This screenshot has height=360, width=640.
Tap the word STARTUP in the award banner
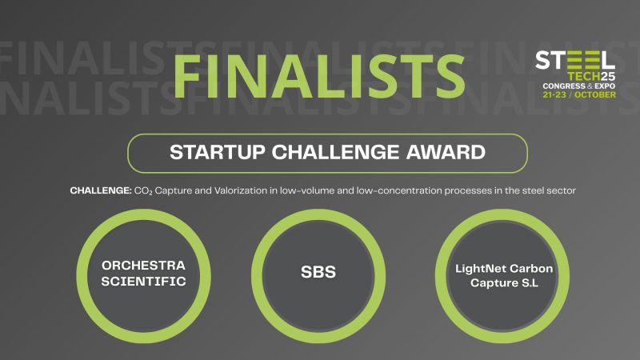(198, 152)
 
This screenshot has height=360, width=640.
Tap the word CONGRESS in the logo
(558, 84)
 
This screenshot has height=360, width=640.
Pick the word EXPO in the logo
(603, 84)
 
